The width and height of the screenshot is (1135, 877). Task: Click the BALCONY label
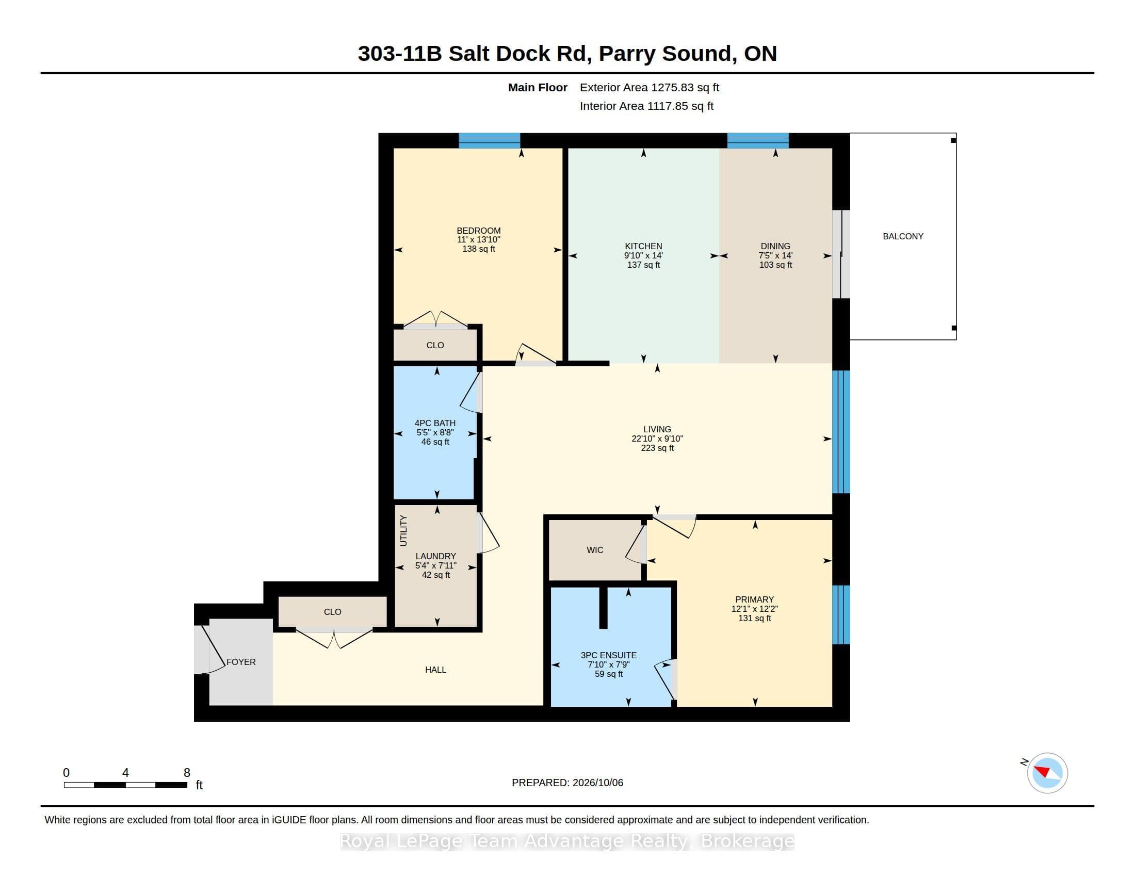[903, 236]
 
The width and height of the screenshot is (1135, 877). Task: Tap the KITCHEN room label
[643, 246]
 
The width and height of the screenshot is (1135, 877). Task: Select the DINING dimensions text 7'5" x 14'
[775, 255]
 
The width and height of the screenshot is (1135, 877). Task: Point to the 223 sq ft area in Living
[657, 448]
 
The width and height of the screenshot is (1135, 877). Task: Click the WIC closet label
[595, 550]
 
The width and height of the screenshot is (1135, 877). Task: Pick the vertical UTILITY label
[403, 530]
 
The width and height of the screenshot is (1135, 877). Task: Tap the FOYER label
[241, 662]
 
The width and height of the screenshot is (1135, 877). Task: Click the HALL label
[435, 670]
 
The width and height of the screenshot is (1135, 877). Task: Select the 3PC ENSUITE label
[609, 655]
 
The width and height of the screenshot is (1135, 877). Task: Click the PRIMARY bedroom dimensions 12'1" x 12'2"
[755, 609]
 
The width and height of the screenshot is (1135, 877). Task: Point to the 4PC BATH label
[435, 423]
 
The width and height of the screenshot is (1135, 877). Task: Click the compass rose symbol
[1047, 773]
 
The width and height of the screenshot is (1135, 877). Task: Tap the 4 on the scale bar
[125, 773]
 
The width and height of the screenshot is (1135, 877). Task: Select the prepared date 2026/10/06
[597, 783]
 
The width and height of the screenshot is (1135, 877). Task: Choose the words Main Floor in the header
[538, 87]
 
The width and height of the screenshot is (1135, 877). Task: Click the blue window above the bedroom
[489, 140]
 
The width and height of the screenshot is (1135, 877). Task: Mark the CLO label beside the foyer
[333, 612]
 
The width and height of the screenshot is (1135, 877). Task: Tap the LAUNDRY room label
[435, 556]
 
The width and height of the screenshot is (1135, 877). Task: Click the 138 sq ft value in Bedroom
[479, 249]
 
